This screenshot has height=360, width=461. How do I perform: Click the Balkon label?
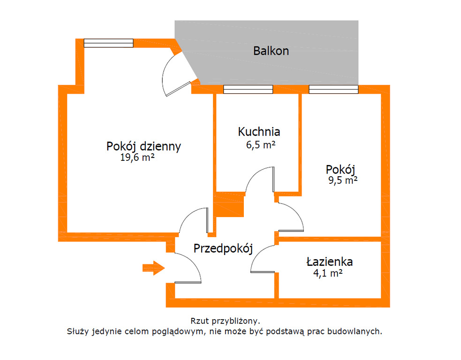271,51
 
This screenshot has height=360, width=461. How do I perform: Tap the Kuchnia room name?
259,132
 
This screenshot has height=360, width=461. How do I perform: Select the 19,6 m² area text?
137,157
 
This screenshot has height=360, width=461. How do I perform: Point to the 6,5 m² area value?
260,145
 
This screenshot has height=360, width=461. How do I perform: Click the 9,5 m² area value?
343,180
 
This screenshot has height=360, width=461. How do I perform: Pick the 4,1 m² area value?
328,273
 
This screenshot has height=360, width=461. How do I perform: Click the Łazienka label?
330,262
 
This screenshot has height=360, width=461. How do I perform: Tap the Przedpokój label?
223,248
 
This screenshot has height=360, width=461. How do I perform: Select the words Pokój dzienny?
144,146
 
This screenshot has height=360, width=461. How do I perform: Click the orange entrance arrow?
153,268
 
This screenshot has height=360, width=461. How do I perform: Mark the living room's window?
108,43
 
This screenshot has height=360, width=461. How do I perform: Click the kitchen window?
248,90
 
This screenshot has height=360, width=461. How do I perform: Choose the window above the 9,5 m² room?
333,90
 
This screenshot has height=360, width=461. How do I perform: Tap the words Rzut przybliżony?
225,321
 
